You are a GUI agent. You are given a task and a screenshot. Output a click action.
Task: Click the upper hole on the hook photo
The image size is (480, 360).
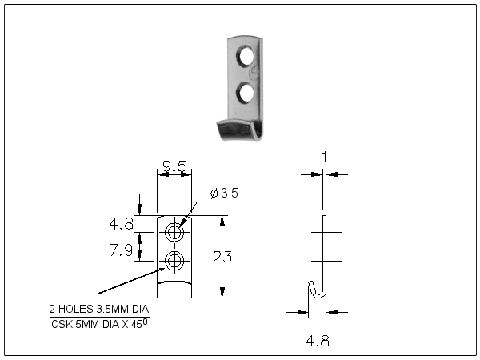[x=248, y=57]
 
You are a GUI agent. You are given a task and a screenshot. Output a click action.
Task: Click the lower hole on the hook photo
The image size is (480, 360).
[x=247, y=93]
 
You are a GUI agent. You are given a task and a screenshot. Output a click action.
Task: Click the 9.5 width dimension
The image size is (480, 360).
[x=174, y=166]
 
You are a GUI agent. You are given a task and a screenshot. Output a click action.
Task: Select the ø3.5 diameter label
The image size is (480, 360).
[x=223, y=193]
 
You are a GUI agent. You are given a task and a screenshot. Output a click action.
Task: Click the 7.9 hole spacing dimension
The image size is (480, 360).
[x=121, y=251]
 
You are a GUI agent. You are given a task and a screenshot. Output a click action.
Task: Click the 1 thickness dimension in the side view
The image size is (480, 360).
[x=324, y=158]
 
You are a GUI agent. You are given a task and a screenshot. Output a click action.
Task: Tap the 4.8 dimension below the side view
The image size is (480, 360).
[x=318, y=341]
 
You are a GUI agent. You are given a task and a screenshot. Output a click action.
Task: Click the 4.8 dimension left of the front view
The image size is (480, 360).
[x=121, y=222]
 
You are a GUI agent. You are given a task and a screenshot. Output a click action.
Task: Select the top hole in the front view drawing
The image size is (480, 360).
[x=174, y=233]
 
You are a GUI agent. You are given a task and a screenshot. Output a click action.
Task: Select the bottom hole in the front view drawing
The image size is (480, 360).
[x=174, y=260]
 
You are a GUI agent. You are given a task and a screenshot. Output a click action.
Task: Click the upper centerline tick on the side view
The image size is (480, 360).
[x=324, y=232]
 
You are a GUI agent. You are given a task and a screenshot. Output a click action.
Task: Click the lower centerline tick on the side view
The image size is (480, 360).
[x=324, y=261]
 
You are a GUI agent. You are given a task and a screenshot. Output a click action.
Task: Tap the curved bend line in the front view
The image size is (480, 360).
[x=174, y=282]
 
